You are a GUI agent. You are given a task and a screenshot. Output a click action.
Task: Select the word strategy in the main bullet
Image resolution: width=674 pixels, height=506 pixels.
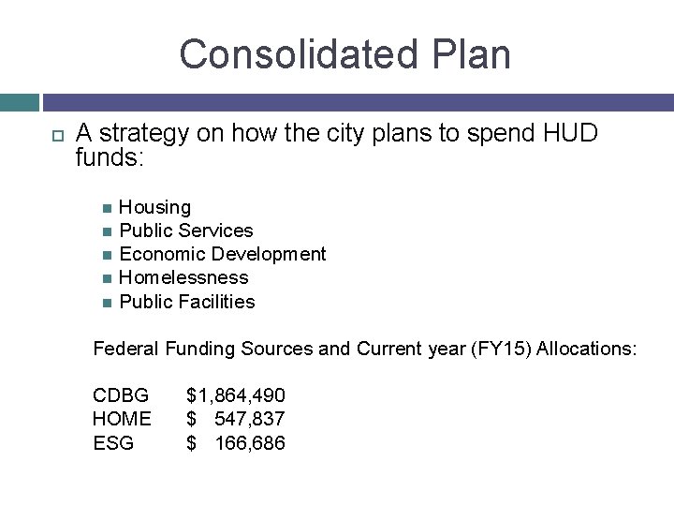(142, 133)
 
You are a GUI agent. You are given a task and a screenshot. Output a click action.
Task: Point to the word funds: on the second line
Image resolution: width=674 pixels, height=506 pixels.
(109, 157)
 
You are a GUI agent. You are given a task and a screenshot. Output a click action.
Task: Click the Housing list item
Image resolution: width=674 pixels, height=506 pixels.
(154, 207)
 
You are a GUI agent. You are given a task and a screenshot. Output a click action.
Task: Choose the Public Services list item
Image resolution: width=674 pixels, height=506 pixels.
(186, 231)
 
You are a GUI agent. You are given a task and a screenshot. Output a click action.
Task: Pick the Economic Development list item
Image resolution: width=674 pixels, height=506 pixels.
(223, 254)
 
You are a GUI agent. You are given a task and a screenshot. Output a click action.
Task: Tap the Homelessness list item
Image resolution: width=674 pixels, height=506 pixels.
(183, 277)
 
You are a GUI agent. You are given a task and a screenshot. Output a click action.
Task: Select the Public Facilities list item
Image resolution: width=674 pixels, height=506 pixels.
(187, 302)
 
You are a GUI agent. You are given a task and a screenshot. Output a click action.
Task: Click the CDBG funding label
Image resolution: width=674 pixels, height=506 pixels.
(121, 395)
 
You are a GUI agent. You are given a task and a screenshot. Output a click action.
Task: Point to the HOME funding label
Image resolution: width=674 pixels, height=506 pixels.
(122, 419)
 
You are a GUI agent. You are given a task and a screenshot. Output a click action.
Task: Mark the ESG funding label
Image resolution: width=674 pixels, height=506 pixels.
(113, 442)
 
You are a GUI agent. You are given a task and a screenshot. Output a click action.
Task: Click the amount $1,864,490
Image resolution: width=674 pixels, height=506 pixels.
(236, 395)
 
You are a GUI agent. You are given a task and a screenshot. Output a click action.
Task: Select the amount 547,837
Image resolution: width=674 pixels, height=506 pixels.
(250, 419)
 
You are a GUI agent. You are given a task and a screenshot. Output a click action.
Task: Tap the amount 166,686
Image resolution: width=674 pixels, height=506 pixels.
(250, 442)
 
